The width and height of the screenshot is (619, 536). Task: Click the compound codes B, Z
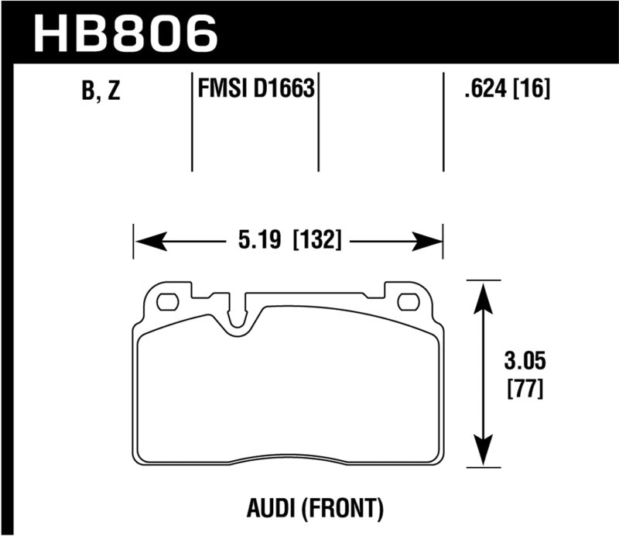[x=101, y=93]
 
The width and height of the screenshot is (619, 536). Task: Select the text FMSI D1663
[x=255, y=91]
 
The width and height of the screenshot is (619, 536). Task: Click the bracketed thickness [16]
[x=533, y=91]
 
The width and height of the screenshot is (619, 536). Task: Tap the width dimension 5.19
[x=261, y=240]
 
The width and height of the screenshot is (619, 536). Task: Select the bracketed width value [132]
[x=317, y=240]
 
